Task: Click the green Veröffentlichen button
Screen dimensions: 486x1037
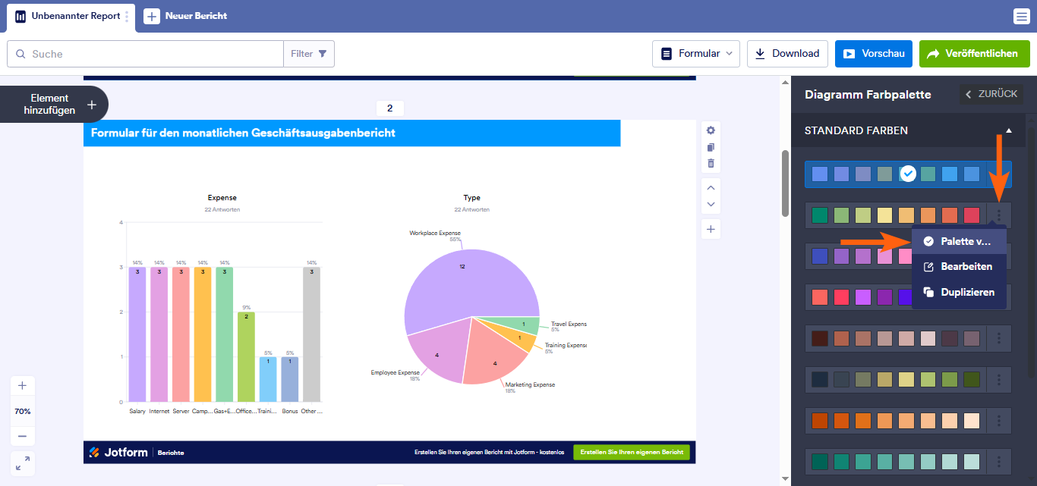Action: [x=974, y=54]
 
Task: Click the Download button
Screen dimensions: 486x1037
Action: [x=786, y=54]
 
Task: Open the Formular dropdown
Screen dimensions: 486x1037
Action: [x=696, y=54]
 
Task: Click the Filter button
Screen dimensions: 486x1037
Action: [x=309, y=54]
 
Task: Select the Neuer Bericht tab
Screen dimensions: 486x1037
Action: [x=186, y=16]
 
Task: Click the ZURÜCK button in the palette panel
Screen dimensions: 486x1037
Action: [x=991, y=94]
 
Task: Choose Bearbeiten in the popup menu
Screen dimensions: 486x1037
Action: [x=959, y=266]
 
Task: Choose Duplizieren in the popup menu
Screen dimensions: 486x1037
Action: [x=959, y=292]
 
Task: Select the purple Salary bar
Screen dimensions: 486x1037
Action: [x=137, y=334]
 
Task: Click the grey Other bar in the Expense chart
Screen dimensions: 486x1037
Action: [x=311, y=334]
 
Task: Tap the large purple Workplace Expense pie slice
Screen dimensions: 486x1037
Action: [x=455, y=281]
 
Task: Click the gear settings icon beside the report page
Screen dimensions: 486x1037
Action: [x=711, y=130]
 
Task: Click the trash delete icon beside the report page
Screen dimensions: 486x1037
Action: [x=711, y=163]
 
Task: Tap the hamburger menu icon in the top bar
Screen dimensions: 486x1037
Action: [x=1021, y=17]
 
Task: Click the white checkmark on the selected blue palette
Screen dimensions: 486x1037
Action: [x=908, y=174]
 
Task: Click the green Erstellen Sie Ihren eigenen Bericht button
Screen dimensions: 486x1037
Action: [x=632, y=452]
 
